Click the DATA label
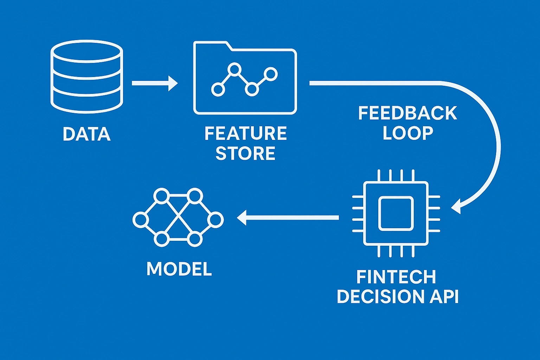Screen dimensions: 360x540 click(86, 134)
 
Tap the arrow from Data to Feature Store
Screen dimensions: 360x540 click(155, 83)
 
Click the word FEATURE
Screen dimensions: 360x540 click(245, 134)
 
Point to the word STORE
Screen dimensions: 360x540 click(245, 154)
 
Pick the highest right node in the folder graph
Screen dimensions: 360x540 click(271, 74)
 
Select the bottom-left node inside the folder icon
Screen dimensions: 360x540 click(218, 89)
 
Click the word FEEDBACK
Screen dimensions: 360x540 click(407, 114)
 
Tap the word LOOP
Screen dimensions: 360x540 click(407, 133)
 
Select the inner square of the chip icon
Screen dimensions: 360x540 click(396, 213)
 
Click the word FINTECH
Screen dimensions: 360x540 click(396, 277)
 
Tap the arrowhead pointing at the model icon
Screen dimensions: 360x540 click(242, 218)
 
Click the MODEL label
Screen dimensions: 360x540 click(179, 269)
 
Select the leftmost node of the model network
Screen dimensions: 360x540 click(140, 220)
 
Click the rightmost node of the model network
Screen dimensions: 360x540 click(215, 220)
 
